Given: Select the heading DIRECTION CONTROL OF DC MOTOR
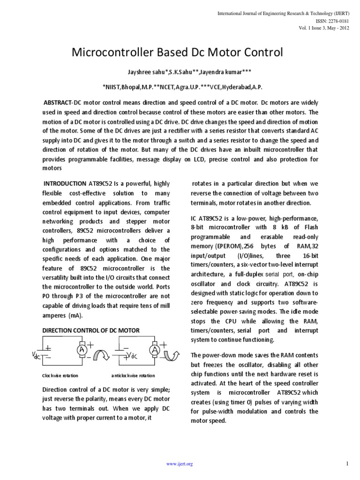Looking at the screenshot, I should click(x=91, y=330).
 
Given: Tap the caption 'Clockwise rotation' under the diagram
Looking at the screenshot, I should click(x=60, y=376).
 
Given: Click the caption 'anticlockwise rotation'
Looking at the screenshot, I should click(x=133, y=376).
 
